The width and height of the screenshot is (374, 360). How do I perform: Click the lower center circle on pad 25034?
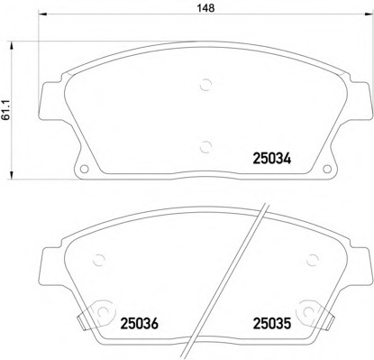click(x=206, y=147)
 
